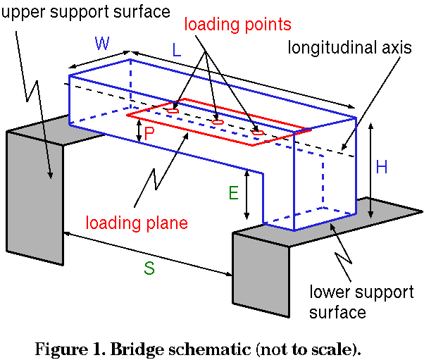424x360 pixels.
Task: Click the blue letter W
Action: point(102,44)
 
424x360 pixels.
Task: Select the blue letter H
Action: point(382,167)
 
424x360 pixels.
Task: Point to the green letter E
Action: point(234,192)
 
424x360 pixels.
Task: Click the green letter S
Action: point(149,268)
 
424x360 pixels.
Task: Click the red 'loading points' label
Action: point(237,25)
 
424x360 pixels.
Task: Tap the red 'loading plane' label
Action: point(137,223)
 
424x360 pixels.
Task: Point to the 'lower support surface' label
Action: point(360,302)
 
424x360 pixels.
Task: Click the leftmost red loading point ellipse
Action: point(173,111)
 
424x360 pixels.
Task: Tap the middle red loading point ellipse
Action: point(218,122)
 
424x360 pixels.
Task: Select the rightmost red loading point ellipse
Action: point(258,132)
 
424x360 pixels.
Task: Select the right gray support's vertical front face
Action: point(260,275)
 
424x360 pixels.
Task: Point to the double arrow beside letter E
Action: point(247,194)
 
